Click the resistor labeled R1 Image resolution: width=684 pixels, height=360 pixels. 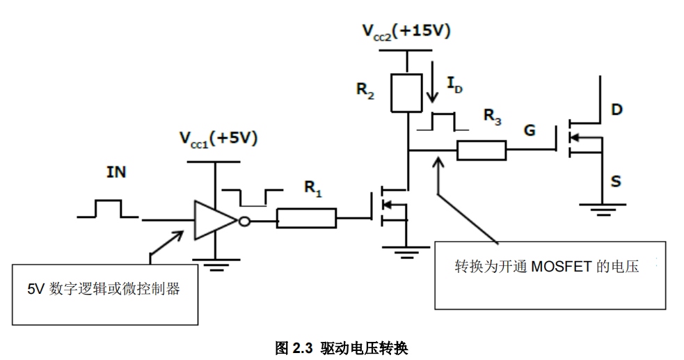306,219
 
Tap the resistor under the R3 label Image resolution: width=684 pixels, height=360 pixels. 481,150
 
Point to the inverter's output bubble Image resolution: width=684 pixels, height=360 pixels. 244,221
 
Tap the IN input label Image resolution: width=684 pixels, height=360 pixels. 116,171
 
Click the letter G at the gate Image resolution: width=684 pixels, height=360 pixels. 530,130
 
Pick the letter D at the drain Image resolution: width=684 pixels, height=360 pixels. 617,110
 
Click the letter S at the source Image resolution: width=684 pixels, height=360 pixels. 616,182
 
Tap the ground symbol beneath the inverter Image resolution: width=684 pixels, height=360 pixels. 214,263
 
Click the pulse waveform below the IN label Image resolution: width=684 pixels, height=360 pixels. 109,209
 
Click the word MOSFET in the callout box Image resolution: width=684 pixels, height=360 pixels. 562,267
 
